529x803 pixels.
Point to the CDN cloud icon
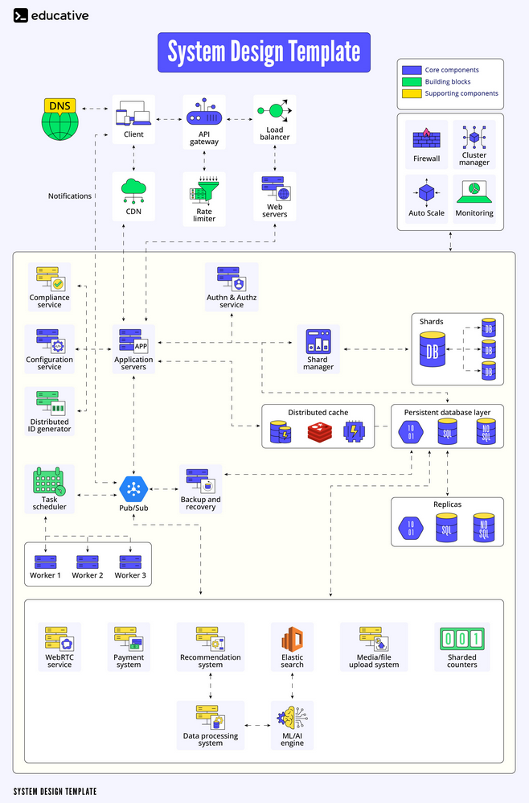133,191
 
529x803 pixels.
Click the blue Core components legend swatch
412,70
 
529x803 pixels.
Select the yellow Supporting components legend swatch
412,93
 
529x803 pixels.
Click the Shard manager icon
318,342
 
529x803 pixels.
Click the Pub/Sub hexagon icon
133,488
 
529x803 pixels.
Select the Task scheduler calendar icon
49,482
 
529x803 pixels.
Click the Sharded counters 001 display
461,640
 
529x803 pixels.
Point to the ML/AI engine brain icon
292,718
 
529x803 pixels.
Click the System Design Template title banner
264,52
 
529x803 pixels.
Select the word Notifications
70,196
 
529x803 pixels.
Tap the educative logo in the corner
51,15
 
